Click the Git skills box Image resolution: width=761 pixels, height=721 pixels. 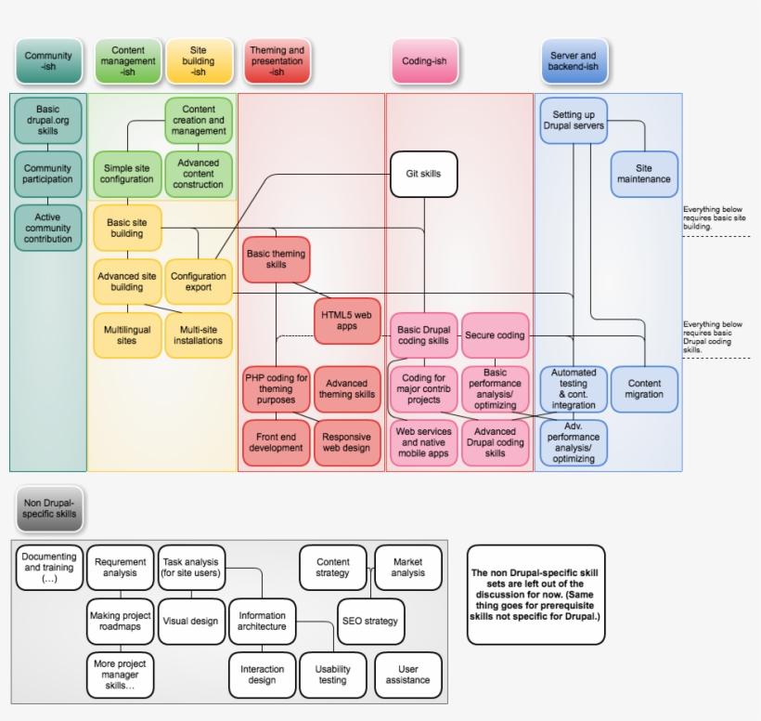pos(424,174)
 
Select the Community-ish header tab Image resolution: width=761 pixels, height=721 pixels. pos(47,61)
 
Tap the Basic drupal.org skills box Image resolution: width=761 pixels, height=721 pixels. pos(47,121)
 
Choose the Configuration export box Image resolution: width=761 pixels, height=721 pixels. pos(198,282)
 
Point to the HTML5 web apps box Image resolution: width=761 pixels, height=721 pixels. pos(347,321)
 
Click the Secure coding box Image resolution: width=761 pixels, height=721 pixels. pos(495,335)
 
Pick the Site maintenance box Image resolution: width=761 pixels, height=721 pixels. pos(644,174)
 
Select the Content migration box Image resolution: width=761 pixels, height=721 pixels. pos(644,389)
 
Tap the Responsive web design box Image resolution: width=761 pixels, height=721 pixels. pos(347,443)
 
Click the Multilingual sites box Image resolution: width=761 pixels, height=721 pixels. pos(127,335)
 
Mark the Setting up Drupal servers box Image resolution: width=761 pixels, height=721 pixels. pos(573,121)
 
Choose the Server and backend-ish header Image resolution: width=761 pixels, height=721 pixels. pos(573,61)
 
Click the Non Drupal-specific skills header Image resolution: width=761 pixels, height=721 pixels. pos(49,508)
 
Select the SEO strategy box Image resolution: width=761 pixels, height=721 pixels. pos(369,621)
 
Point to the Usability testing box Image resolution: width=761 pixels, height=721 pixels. pos(332,675)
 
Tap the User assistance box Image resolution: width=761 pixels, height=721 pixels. pos(407,675)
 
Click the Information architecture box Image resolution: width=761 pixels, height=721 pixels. pos(263,622)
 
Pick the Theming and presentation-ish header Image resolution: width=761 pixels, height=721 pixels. pos(277,61)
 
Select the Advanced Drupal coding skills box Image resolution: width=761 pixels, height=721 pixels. pos(495,443)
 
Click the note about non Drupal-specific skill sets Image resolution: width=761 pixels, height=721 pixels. pos(535,595)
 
